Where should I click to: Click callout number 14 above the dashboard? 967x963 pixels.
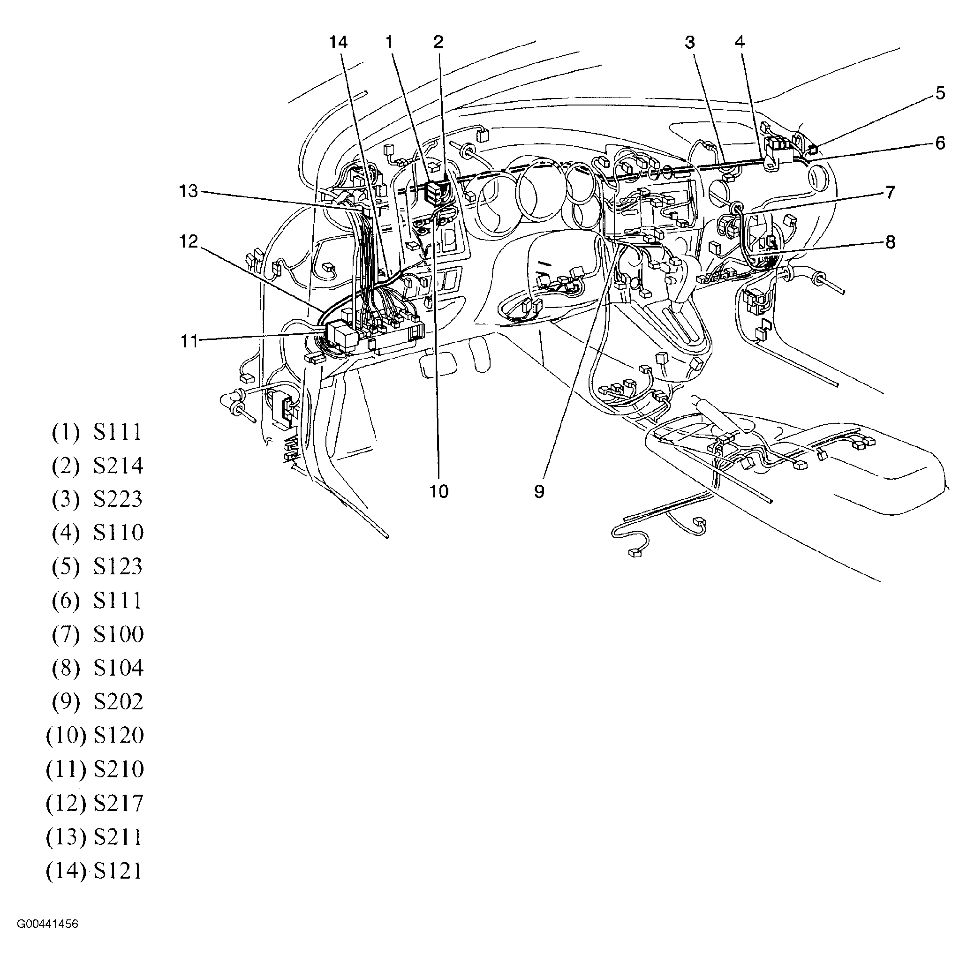pyautogui.click(x=338, y=43)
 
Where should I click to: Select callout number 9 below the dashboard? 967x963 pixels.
pyautogui.click(x=539, y=492)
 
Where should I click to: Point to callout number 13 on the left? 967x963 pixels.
pyautogui.click(x=189, y=191)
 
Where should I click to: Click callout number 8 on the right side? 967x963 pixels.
pyautogui.click(x=890, y=242)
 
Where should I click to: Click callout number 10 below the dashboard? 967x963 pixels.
pyautogui.click(x=439, y=492)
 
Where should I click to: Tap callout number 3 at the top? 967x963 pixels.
pyautogui.click(x=690, y=43)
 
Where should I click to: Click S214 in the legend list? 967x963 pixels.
pyautogui.click(x=118, y=466)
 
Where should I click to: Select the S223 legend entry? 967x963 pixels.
pyautogui.click(x=118, y=499)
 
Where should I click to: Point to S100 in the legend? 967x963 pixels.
pyautogui.click(x=118, y=634)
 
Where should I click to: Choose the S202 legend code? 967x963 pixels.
pyautogui.click(x=118, y=702)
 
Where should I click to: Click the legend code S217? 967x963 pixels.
pyautogui.click(x=118, y=803)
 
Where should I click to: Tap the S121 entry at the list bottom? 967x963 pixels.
pyautogui.click(x=118, y=871)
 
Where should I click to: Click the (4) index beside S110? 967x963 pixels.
pyautogui.click(x=66, y=533)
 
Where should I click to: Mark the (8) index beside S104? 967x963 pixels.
pyautogui.click(x=66, y=668)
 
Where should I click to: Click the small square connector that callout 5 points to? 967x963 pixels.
pyautogui.click(x=813, y=149)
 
